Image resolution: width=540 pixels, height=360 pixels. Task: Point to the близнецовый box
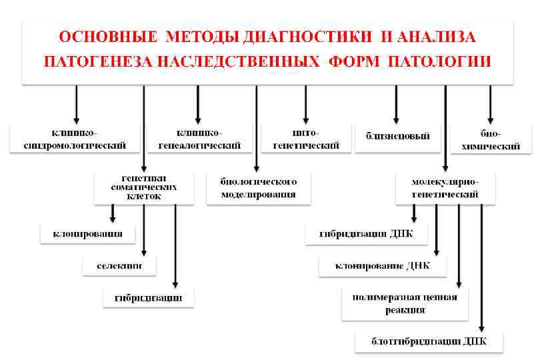point(397,136)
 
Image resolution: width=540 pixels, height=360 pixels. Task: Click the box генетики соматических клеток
point(144,187)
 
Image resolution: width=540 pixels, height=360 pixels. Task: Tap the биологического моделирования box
point(258,188)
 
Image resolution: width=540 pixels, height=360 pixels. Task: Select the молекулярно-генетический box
point(445,188)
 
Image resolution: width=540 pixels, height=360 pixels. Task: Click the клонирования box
point(87,234)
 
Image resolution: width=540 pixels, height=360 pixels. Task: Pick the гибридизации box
point(148,297)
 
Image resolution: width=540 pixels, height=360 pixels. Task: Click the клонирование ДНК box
point(382,266)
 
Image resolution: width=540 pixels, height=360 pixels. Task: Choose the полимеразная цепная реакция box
point(405,303)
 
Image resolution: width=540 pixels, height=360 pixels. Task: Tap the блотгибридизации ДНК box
point(429,342)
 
